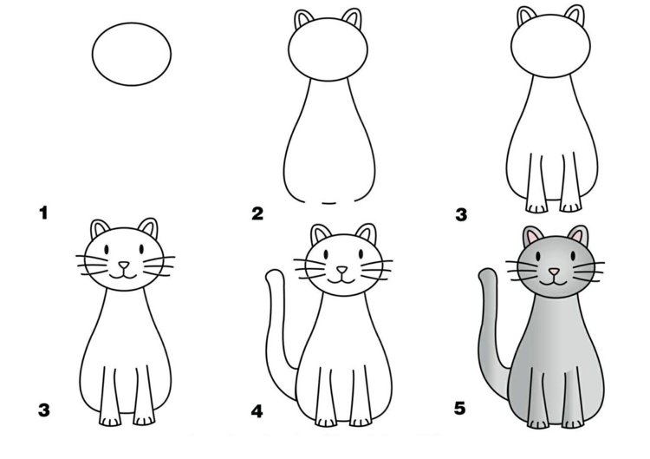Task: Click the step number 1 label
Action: pos(43,213)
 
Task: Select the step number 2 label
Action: pos(257,214)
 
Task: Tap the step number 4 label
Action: pos(257,411)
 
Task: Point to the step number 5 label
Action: pos(460,409)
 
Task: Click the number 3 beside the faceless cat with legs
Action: pos(461,215)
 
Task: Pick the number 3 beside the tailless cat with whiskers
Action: pos(44,410)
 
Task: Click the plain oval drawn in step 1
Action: pos(132,54)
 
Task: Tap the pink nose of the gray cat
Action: pos(554,272)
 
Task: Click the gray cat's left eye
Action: pos(537,257)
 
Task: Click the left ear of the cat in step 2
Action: pos(304,19)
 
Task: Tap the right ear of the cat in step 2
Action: pos(353,19)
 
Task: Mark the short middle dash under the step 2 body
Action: pos(329,203)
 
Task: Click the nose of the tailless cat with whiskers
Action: pos(124,265)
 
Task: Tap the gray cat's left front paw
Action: pos(537,423)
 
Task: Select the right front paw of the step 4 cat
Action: pos(361,422)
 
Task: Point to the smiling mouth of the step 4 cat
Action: pos(341,280)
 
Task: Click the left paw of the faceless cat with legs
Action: pos(536,207)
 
